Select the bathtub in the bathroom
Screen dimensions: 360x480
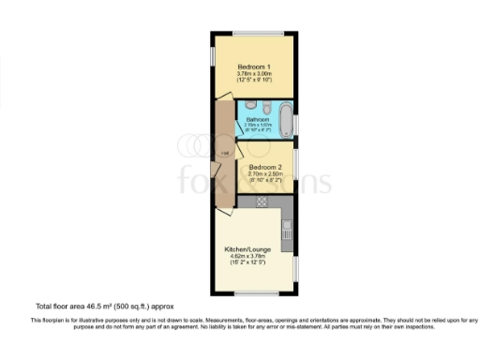click(x=281, y=121)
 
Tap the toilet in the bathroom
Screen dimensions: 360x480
click(x=265, y=106)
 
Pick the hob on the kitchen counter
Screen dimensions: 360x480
click(x=262, y=201)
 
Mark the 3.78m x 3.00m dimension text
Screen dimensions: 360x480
click(x=253, y=75)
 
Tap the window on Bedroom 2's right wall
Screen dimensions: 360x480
click(x=297, y=165)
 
